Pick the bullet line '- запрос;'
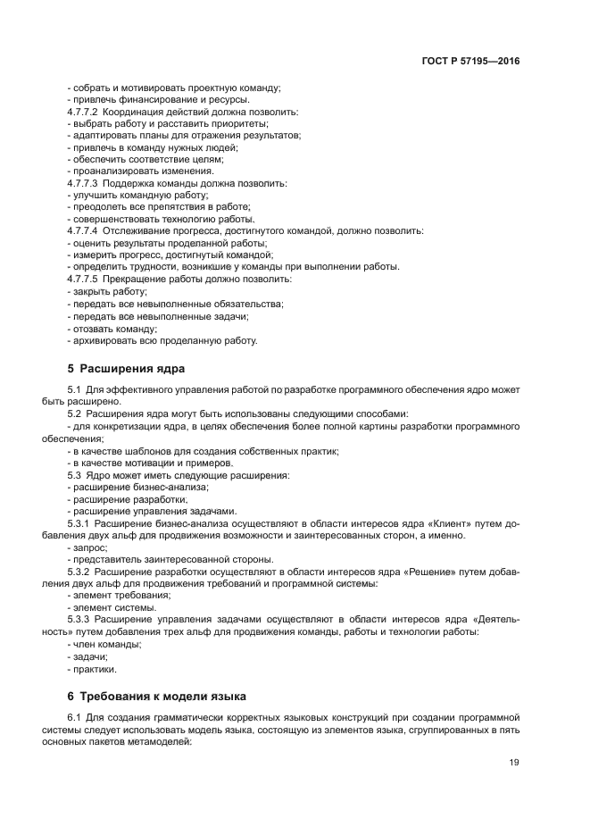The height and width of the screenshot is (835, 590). pyautogui.click(x=87, y=547)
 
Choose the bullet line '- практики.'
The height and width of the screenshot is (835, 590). pyautogui.click(x=91, y=668)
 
